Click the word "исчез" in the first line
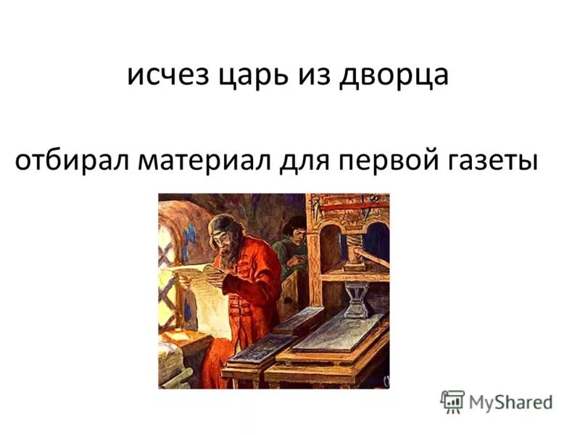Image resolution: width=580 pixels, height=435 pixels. [165, 75]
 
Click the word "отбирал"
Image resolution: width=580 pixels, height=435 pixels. [69, 161]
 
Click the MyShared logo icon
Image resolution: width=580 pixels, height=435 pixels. [452, 401]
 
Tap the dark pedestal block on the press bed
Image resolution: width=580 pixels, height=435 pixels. [357, 301]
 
